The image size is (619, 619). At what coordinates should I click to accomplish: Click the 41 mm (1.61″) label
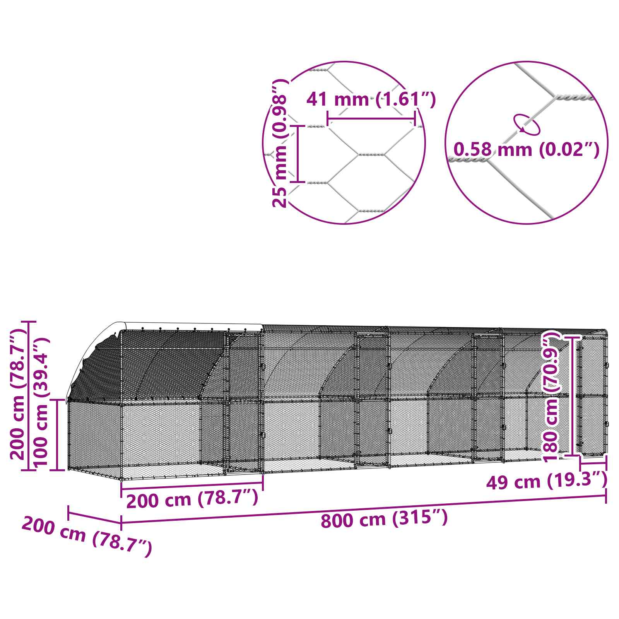[371, 100]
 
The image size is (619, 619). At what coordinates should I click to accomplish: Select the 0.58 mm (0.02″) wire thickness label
[526, 150]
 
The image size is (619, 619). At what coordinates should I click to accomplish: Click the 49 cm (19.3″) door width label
[546, 482]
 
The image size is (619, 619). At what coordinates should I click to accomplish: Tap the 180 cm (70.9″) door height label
[551, 397]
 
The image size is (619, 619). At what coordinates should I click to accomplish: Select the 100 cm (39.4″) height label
[42, 402]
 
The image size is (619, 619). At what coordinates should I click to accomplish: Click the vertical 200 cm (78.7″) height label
[18, 395]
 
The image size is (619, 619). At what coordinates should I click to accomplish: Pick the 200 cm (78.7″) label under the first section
[192, 500]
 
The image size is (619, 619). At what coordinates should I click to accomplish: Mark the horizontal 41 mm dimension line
[371, 118]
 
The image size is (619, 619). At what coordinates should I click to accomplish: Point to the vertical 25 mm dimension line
[298, 154]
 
